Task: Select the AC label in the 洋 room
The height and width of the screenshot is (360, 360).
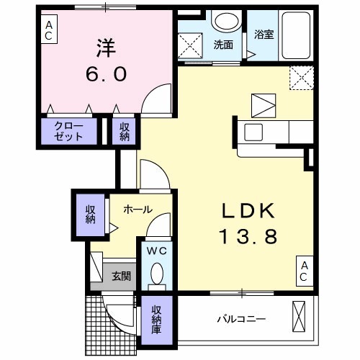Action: pos(49,30)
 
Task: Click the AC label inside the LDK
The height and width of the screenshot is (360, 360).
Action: pos(304,271)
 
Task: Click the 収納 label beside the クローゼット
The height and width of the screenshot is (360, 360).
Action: pos(124,132)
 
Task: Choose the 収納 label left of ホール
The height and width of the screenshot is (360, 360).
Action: pos(91,214)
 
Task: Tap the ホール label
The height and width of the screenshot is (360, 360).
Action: pos(137,210)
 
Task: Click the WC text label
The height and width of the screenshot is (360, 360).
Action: pos(158,251)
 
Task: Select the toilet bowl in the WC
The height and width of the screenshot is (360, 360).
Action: pos(158,274)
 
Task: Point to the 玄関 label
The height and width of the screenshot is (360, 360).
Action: pos(120,276)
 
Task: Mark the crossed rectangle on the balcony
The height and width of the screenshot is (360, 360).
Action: pos(300,318)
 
